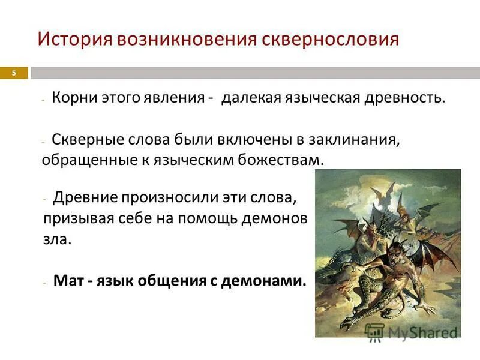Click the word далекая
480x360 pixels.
click(251, 98)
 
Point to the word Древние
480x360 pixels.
click(85, 197)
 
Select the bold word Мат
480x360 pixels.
click(67, 280)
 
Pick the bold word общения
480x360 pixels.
click(178, 280)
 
